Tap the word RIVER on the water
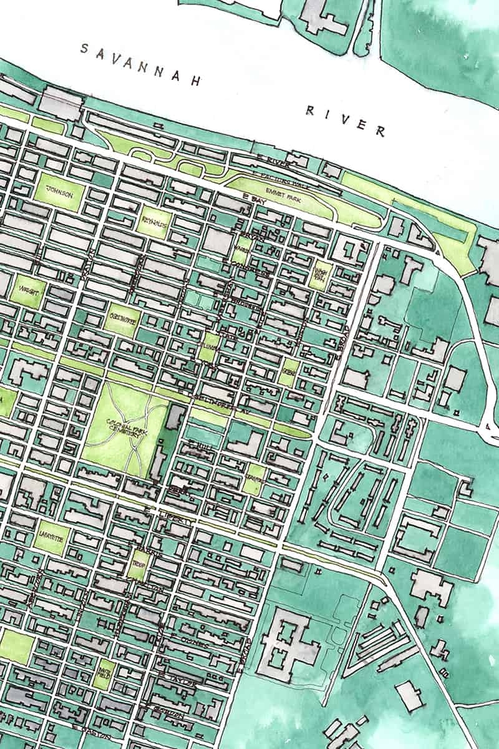pos(344,120)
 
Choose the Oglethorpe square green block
pos(122,320)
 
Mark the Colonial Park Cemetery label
pos(125,430)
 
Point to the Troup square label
pos(138,567)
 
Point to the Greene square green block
pos(289,373)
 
